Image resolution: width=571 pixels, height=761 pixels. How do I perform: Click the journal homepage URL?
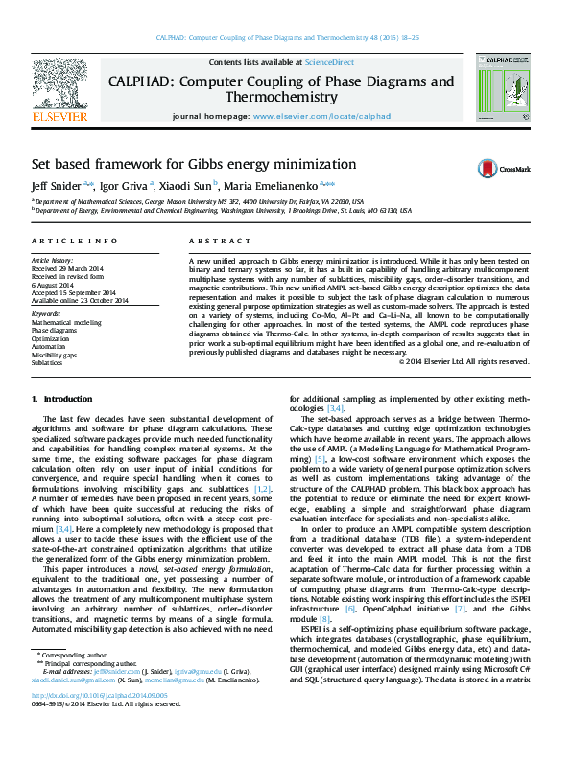coord(321,115)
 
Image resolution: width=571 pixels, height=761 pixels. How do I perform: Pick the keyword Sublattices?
coord(47,363)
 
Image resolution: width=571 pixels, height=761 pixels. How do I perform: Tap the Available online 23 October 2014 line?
coord(80,300)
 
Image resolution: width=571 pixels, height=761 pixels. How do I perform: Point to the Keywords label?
coord(46,313)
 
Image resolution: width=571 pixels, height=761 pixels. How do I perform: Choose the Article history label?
coord(52,261)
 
